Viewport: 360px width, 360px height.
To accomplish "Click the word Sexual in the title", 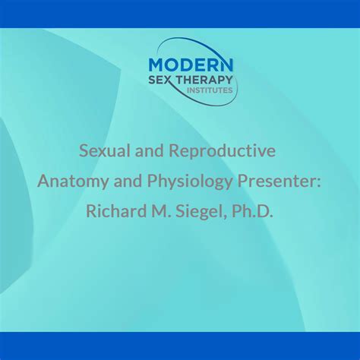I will click(105, 151).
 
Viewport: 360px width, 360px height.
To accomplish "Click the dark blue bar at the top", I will click(180, 14).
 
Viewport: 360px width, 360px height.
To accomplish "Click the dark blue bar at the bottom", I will click(180, 346).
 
